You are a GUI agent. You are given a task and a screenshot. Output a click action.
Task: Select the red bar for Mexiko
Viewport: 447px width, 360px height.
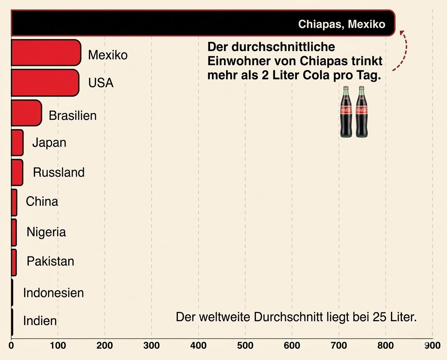click(x=45, y=52)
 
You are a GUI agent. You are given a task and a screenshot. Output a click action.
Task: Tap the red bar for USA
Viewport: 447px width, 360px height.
click(x=45, y=83)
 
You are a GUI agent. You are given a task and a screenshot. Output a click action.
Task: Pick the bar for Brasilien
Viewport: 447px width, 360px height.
click(x=26, y=113)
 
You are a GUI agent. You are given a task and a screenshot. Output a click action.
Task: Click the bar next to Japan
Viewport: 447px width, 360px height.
click(x=17, y=143)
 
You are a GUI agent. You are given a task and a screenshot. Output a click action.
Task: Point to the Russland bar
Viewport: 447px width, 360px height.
click(x=17, y=172)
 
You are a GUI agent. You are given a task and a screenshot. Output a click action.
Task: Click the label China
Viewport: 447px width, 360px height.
click(x=42, y=201)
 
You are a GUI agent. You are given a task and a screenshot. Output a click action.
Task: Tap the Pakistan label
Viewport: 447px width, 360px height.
click(x=50, y=261)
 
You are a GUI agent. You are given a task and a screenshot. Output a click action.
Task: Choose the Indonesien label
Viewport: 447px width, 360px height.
click(x=54, y=292)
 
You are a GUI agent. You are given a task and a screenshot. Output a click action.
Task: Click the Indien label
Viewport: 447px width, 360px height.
click(x=40, y=321)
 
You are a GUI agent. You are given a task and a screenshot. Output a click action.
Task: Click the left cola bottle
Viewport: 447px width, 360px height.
click(x=346, y=112)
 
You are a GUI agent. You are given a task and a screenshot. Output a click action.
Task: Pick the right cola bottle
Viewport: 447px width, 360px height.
click(x=361, y=112)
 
